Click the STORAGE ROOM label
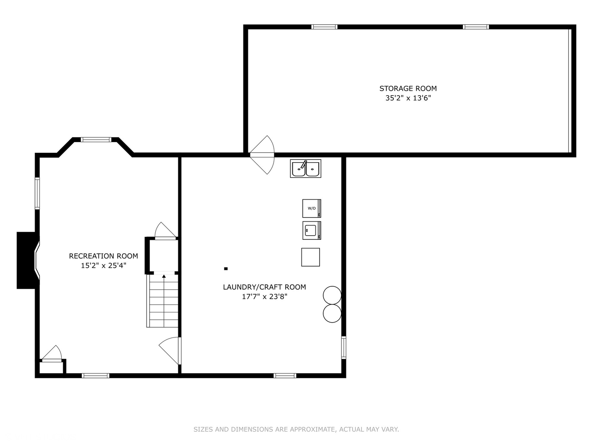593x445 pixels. [x=408, y=88]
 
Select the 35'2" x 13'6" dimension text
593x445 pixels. [x=408, y=98]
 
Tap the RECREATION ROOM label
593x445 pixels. [x=103, y=256]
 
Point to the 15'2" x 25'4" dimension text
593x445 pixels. [x=103, y=266]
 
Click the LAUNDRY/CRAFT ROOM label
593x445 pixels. [x=264, y=287]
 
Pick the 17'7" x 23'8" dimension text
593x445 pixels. [x=264, y=297]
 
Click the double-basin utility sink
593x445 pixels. [x=306, y=169]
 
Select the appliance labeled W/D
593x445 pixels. [x=311, y=208]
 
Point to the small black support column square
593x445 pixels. [x=226, y=269]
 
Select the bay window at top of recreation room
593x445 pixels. [x=96, y=140]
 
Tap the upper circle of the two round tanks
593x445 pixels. [x=332, y=295]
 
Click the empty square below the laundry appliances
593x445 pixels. [x=311, y=257]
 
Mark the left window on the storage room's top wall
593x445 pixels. [x=324, y=27]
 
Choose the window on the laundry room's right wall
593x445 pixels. [x=343, y=347]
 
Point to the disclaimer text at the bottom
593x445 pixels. [x=296, y=429]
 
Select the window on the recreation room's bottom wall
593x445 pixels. [x=95, y=375]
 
